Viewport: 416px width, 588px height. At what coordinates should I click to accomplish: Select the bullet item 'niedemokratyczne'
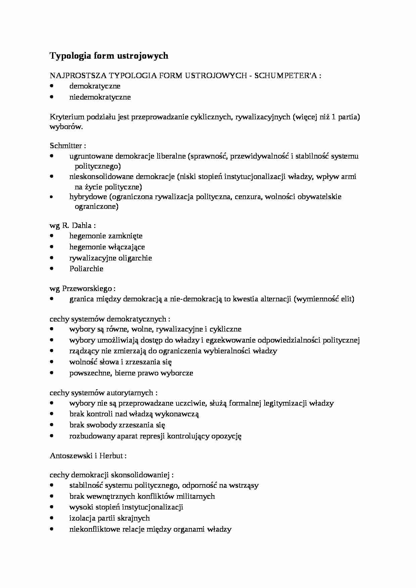[100, 97]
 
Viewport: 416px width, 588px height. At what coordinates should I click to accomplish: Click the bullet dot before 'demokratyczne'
[51, 86]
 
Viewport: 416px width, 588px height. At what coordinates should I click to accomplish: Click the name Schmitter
[66, 145]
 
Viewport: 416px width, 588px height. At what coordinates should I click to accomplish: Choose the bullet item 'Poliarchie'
[86, 269]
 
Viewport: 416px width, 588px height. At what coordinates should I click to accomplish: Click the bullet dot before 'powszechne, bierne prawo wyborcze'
[51, 372]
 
